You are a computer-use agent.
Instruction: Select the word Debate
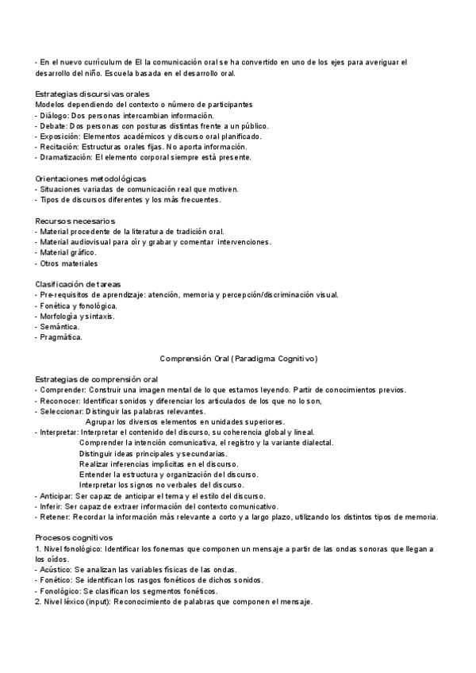pyautogui.click(x=54, y=125)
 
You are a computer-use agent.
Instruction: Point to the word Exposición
pyautogui.click(x=59, y=136)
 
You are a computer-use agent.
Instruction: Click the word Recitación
pyautogui.click(x=59, y=146)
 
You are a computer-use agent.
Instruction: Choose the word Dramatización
pyautogui.click(x=64, y=156)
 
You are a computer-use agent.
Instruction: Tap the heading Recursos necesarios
pyautogui.click(x=75, y=221)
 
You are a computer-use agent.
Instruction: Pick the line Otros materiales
pyautogui.click(x=69, y=263)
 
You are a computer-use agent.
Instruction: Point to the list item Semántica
pyautogui.click(x=59, y=326)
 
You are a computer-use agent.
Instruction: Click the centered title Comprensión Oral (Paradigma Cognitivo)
pyautogui.click(x=239, y=359)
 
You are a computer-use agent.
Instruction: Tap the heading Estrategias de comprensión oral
pyautogui.click(x=97, y=379)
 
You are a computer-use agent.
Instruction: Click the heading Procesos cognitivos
pyautogui.click(x=75, y=537)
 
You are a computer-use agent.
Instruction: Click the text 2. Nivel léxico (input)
pyautogui.click(x=75, y=601)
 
